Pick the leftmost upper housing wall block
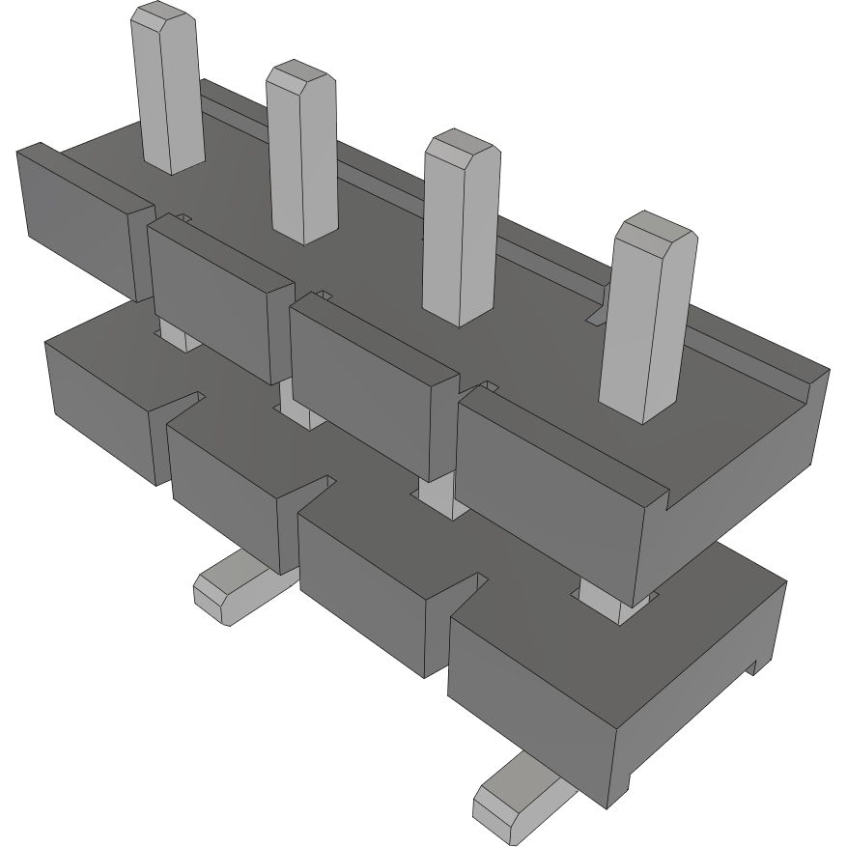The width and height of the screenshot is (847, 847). point(77,222)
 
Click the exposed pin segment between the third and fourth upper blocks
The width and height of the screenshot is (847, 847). point(435,493)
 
